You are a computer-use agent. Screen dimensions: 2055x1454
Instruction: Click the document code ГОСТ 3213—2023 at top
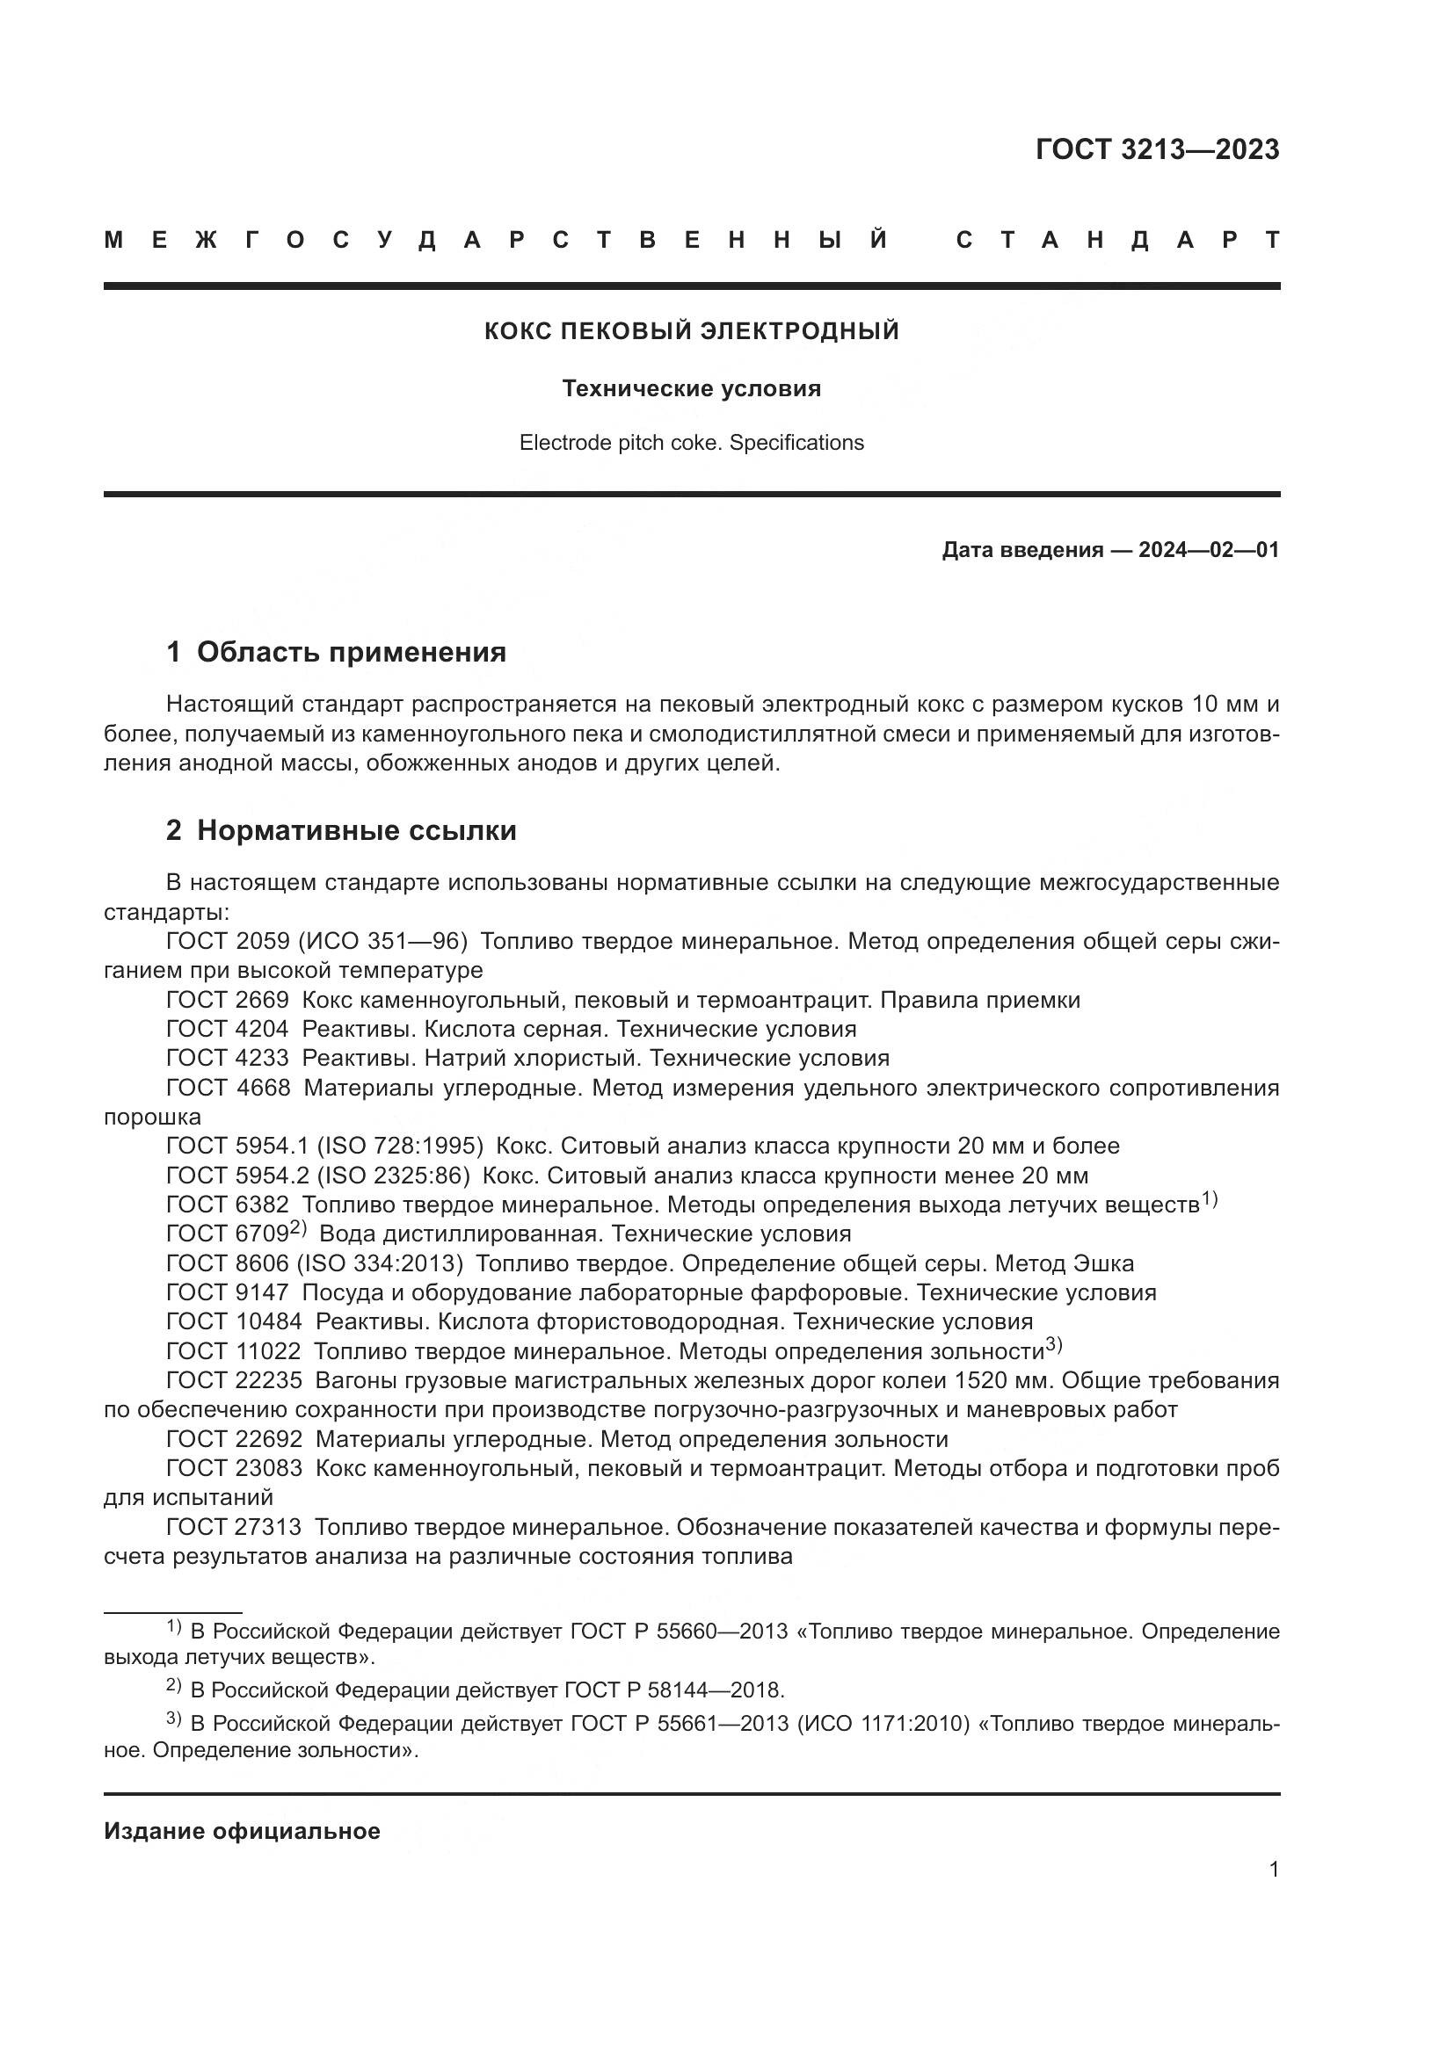pyautogui.click(x=1157, y=149)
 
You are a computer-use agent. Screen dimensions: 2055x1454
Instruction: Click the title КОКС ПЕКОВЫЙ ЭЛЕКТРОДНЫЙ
pyautogui.click(x=691, y=331)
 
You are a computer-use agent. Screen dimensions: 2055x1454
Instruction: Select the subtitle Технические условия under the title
pyautogui.click(x=691, y=388)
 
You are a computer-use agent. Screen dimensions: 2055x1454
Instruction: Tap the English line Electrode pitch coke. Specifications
pyautogui.click(x=691, y=443)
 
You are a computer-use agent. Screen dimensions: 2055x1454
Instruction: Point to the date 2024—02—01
pyautogui.click(x=1209, y=549)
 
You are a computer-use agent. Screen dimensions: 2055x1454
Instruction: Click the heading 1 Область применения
pyautogui.click(x=337, y=653)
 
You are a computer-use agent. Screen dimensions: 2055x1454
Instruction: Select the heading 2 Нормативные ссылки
pyautogui.click(x=341, y=830)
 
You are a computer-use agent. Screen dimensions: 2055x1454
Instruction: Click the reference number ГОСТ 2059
pyautogui.click(x=228, y=942)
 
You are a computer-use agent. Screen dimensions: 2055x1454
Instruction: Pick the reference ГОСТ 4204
pyautogui.click(x=228, y=1030)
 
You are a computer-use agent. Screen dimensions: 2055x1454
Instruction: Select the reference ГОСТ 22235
pyautogui.click(x=235, y=1381)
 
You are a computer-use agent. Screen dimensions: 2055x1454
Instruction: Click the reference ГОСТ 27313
pyautogui.click(x=235, y=1528)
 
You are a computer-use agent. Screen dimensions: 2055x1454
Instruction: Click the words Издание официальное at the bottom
pyautogui.click(x=242, y=1831)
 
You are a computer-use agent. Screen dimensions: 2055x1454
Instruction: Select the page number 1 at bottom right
pyautogui.click(x=1274, y=1869)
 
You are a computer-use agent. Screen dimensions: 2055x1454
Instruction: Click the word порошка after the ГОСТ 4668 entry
pyautogui.click(x=152, y=1118)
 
